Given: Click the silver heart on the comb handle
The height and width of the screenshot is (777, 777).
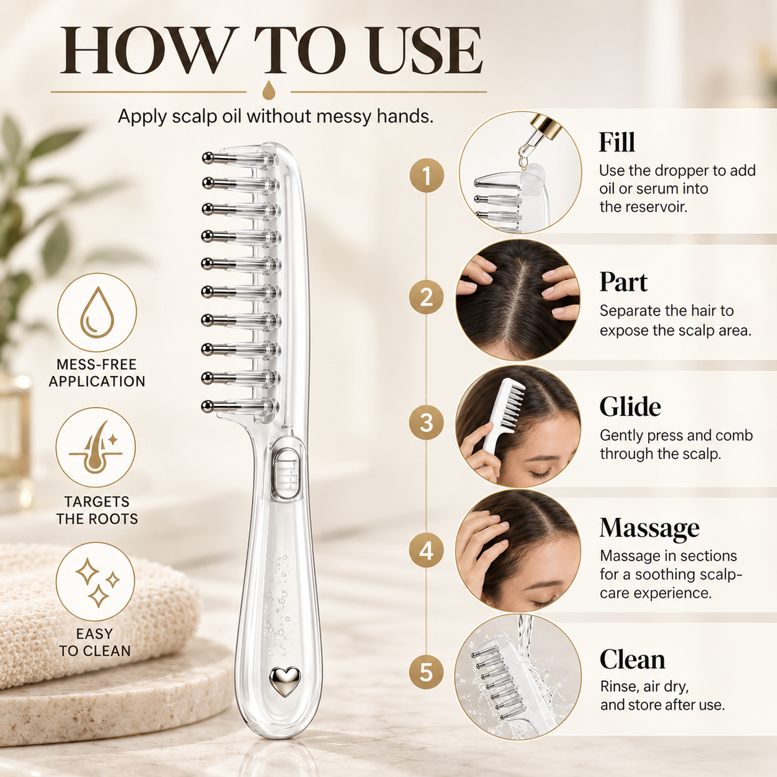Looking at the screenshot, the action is point(285,681).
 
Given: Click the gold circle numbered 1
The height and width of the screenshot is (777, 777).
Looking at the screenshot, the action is point(427,175).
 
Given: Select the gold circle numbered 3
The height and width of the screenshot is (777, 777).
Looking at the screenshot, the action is point(427,423).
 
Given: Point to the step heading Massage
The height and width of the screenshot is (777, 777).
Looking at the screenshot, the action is point(649,528).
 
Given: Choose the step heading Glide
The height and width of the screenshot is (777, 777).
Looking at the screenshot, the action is point(630,407).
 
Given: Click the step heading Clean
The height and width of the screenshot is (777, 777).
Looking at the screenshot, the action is point(632,660).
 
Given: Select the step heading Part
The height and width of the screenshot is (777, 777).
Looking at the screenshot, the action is point(624,282).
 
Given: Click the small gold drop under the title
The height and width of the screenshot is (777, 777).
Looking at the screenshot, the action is point(268,91).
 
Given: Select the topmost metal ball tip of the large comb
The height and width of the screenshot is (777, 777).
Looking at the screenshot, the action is point(208,157).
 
